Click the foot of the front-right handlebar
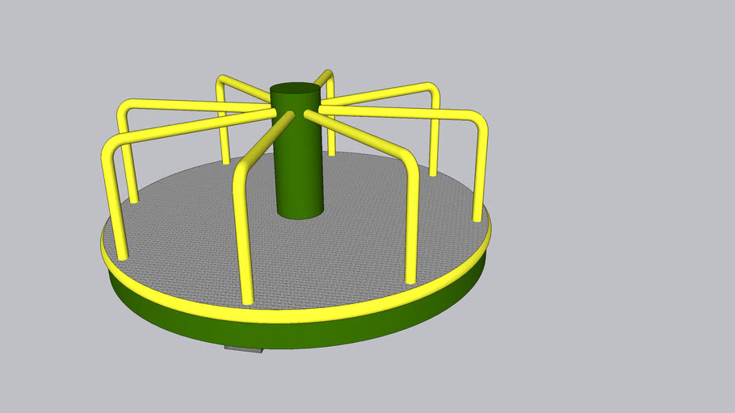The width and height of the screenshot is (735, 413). pos(411,280)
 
